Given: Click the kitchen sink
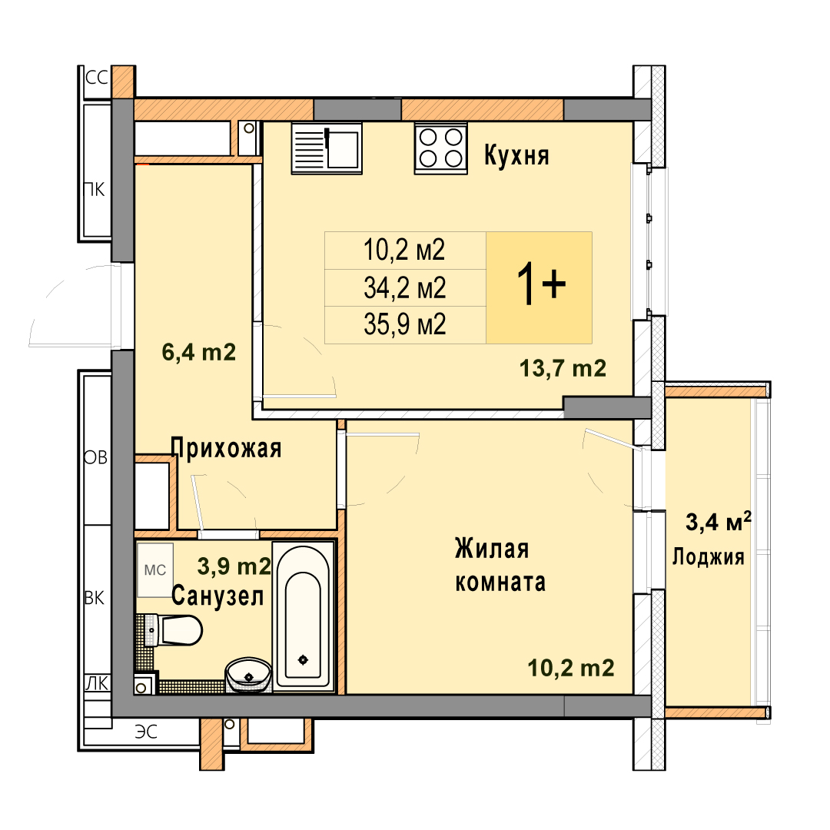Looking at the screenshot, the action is (327, 148).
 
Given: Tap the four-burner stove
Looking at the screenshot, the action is (441, 149).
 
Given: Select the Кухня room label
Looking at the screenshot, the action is (516, 155).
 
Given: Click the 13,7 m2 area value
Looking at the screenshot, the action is (563, 368).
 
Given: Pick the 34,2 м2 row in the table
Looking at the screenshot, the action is (405, 288).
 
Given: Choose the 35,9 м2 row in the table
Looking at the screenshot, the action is (405, 324).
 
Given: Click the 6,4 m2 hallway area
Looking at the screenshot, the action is (198, 352).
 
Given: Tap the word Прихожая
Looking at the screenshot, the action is (226, 448).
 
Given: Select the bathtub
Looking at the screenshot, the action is (304, 616).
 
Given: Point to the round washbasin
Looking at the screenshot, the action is (248, 675).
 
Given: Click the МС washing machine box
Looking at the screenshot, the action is (155, 569).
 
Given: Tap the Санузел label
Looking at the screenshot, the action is (217, 596).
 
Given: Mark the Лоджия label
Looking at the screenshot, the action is (709, 557).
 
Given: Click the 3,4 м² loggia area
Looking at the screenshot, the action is (719, 522).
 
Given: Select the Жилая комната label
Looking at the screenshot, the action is (500, 566).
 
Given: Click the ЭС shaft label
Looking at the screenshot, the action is (146, 732).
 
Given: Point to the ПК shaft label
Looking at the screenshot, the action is (95, 190).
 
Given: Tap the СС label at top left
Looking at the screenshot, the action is (97, 78).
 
